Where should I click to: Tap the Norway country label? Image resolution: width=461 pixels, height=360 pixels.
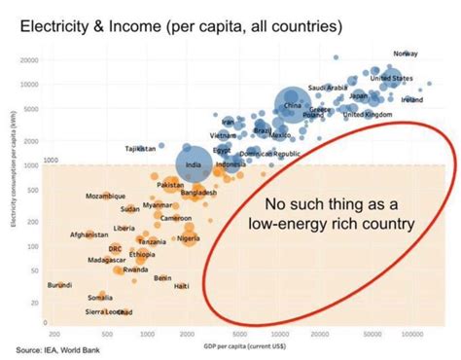click(406, 53)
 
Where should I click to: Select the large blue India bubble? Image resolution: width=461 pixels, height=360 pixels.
click(193, 163)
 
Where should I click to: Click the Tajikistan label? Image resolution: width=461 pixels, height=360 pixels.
click(140, 148)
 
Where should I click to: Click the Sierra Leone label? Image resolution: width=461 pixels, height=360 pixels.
click(107, 311)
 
